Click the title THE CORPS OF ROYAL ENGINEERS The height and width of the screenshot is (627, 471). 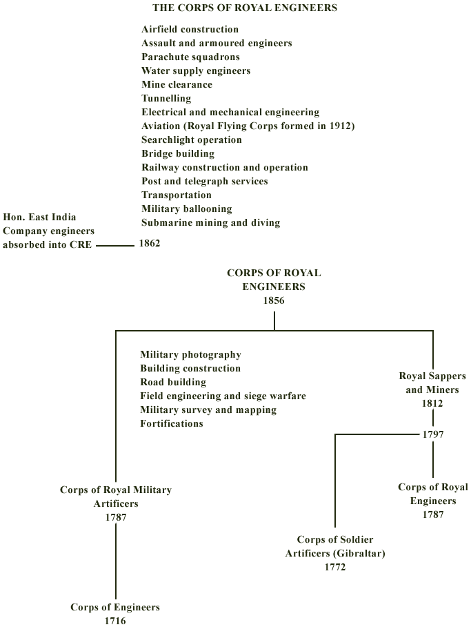point(245,8)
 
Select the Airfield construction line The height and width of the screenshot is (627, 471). point(190,29)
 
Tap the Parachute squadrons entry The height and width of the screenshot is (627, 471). point(190,57)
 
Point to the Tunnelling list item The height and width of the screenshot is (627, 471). point(166,98)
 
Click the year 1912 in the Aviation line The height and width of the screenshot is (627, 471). point(340,126)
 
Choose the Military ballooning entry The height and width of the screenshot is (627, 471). point(187,209)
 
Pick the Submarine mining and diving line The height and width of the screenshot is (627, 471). point(210,223)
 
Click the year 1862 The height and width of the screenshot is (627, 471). point(150,243)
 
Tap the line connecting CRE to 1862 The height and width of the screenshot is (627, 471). point(115,246)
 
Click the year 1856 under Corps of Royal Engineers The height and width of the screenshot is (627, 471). point(274,300)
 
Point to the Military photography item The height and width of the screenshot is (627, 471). point(190,355)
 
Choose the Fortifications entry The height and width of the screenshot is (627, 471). point(172,423)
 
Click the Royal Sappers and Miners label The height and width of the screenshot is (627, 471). point(432,383)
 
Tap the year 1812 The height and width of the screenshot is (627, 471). point(432,403)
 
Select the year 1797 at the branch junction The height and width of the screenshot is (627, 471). point(434,434)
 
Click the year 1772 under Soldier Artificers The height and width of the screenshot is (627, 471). point(335,567)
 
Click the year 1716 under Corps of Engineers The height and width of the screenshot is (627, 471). point(115,621)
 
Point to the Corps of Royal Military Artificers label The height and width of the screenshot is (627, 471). point(116,496)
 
